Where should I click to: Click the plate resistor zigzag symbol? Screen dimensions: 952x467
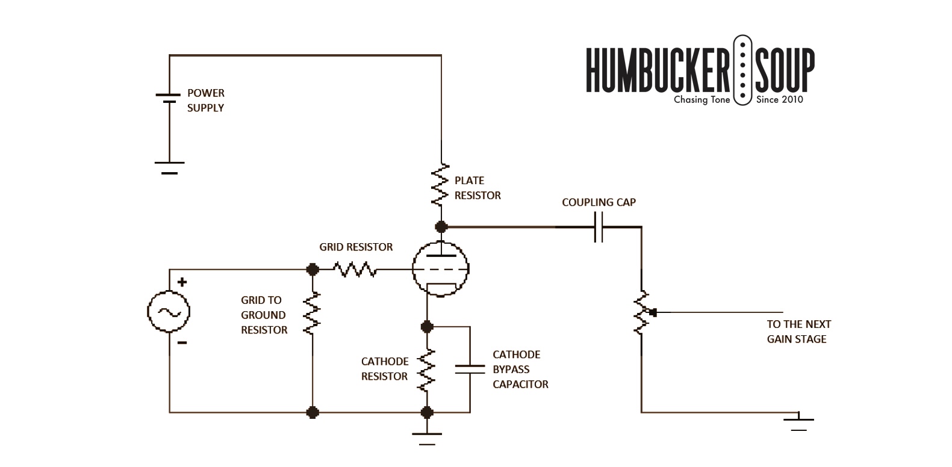coord(440,185)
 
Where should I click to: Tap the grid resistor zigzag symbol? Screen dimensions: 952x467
coord(355,270)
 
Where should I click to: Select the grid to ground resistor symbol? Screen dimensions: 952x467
coord(312,313)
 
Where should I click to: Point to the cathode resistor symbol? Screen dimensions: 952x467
coord(427,370)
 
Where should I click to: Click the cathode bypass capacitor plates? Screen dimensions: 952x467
coord(470,370)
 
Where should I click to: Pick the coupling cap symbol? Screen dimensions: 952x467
coord(599,227)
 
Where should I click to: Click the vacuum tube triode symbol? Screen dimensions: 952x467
coord(440,269)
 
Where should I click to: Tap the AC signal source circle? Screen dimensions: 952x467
coord(169,312)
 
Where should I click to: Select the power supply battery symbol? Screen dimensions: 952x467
coord(169,98)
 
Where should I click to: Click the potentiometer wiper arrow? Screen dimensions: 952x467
coord(653,313)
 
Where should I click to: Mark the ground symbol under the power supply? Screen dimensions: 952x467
coord(169,168)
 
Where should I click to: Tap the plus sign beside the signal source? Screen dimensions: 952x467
coord(182,282)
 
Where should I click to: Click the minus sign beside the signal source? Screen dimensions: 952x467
coord(182,342)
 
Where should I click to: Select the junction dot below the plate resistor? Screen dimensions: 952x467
coord(441,227)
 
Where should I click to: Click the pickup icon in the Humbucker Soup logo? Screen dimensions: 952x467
coord(742,70)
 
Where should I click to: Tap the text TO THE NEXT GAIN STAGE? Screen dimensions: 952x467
coord(798,332)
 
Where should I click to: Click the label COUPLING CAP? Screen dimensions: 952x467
coord(599,202)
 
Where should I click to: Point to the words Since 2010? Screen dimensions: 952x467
coord(779,99)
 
